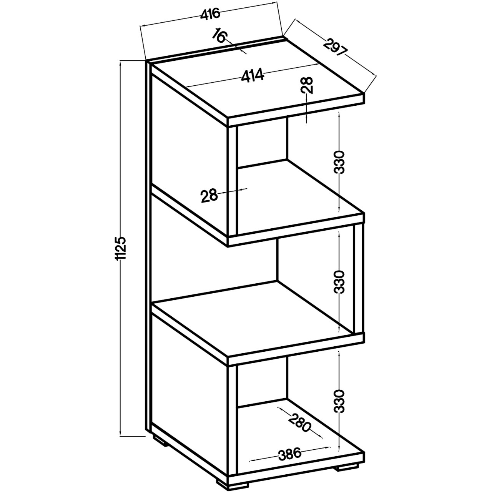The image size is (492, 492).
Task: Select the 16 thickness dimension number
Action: point(219,36)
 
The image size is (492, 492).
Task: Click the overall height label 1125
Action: point(120,248)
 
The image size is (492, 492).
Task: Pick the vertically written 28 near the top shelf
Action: point(307,85)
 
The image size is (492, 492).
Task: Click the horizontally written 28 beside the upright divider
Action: point(209,196)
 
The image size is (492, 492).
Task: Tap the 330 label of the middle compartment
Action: point(339,282)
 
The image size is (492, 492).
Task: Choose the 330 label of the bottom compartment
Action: point(339,401)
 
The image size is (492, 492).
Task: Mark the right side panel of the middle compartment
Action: point(359,279)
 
